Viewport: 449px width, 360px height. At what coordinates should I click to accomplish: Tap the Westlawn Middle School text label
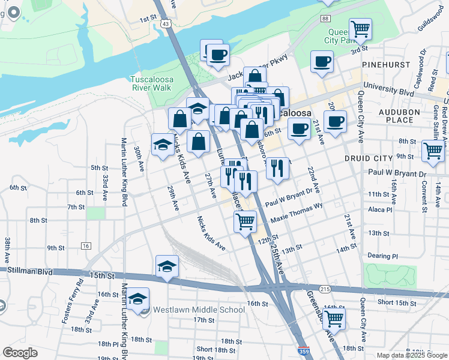pyautogui.click(x=199, y=310)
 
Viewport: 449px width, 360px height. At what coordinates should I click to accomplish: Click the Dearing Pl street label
pyautogui.click(x=382, y=256)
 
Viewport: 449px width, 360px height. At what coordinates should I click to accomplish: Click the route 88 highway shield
pyautogui.click(x=325, y=19)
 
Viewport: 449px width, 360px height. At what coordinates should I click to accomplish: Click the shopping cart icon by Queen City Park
pyautogui.click(x=360, y=29)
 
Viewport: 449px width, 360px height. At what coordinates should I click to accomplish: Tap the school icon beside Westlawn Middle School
pyautogui.click(x=139, y=299)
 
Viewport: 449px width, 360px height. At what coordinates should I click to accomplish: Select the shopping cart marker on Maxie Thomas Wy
pyautogui.click(x=245, y=221)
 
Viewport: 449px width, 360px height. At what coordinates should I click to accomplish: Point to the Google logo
pyautogui.click(x=20, y=353)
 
